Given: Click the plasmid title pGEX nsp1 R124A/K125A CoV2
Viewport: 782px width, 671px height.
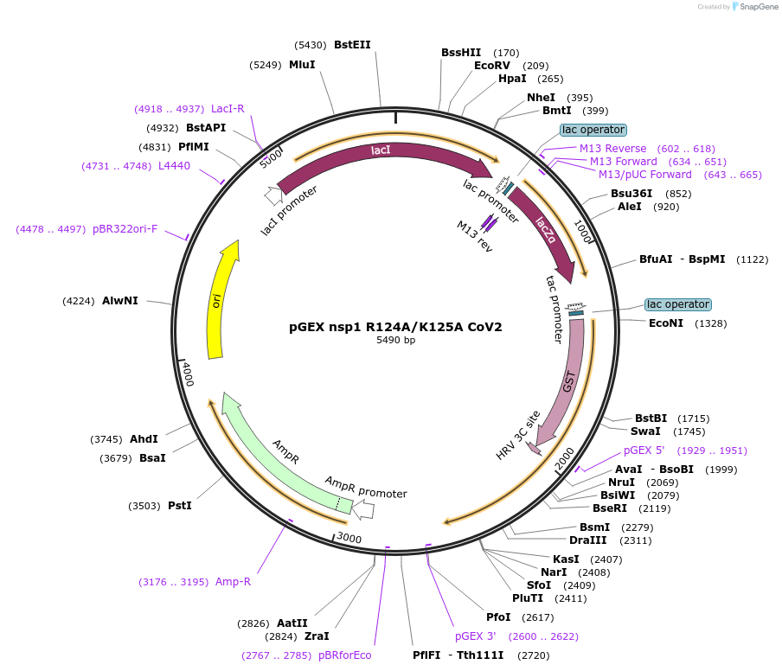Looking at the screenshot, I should click(x=395, y=327).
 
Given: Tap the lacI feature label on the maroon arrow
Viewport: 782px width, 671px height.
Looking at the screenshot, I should click(x=381, y=150).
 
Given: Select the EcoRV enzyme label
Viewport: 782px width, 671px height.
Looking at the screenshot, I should click(x=492, y=66).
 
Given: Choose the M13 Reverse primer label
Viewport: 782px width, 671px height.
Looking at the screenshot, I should click(x=612, y=149).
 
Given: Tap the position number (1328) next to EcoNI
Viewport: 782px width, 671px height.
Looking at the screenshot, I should click(x=708, y=323).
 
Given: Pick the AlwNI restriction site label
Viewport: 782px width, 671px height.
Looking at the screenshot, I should click(x=119, y=301).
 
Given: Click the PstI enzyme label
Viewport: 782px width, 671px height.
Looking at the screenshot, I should click(x=179, y=505).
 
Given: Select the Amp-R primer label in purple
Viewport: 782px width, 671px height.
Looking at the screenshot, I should click(x=233, y=582).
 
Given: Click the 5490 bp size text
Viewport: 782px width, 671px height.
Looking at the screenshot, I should click(x=395, y=341).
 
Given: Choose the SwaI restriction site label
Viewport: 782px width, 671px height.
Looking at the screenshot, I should click(x=645, y=431).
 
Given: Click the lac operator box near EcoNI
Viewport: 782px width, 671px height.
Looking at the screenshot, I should click(x=677, y=304).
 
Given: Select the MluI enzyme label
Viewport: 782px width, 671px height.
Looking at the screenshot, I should click(x=302, y=65).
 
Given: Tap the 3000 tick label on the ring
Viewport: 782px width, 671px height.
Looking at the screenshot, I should click(x=349, y=538).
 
